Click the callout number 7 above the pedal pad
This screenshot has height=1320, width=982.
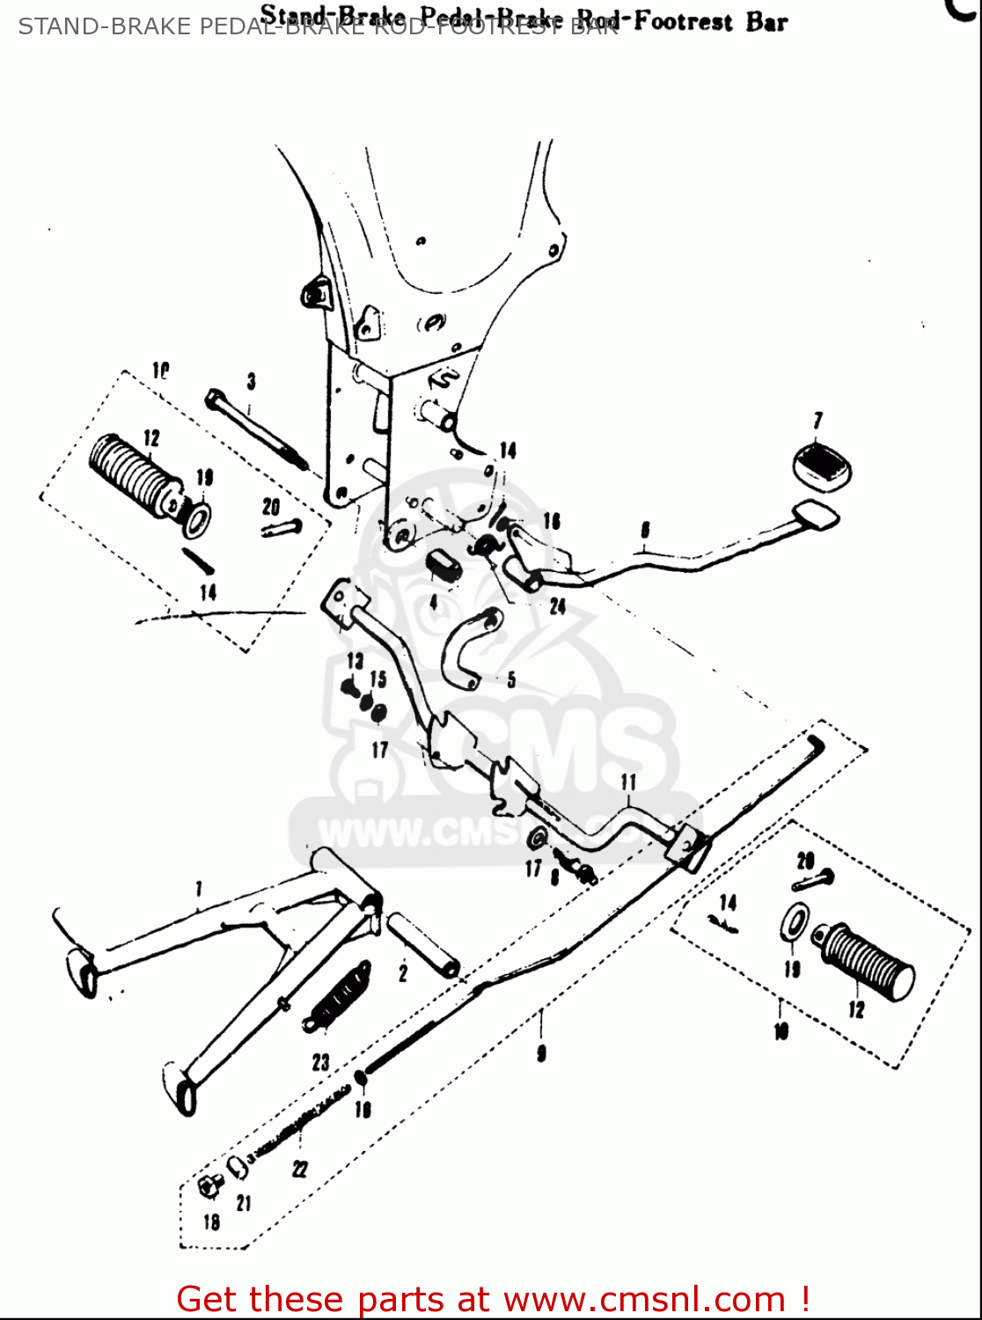(817, 421)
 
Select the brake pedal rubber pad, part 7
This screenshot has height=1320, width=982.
(822, 463)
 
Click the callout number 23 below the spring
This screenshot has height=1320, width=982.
(320, 1062)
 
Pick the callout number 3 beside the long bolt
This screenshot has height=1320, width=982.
(251, 381)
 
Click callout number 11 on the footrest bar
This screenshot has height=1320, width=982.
(628, 782)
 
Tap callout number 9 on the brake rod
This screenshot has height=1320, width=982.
(541, 1052)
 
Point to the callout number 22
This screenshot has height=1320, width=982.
(300, 1169)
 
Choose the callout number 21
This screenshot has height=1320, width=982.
(244, 1203)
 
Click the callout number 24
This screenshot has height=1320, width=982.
(557, 606)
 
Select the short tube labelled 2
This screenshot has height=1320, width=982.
(424, 945)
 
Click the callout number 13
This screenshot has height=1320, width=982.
(355, 661)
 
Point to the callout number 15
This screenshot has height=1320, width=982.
(377, 679)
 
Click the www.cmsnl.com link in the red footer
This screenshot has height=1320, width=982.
(643, 1299)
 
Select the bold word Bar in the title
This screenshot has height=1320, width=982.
(766, 22)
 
